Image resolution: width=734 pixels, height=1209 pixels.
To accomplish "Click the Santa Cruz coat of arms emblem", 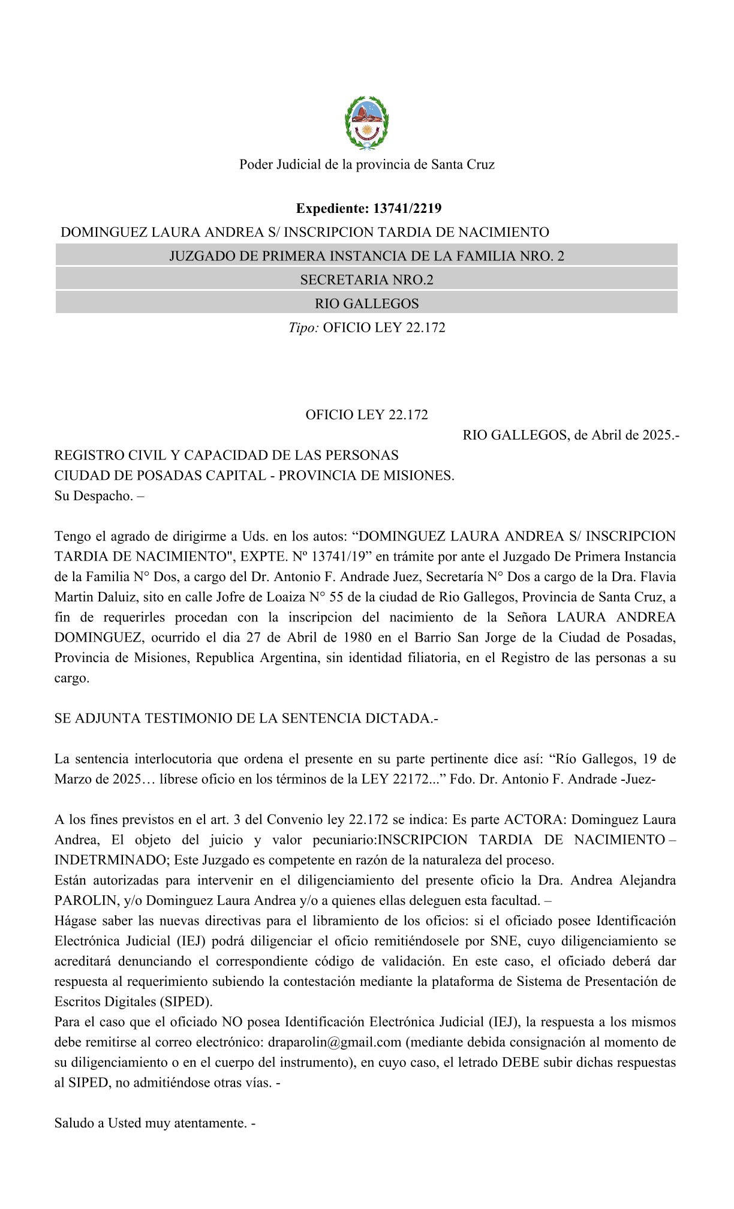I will [366, 123].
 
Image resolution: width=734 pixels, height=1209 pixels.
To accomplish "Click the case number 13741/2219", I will [407, 209].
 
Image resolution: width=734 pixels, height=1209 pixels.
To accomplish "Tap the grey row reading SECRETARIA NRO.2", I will [366, 279].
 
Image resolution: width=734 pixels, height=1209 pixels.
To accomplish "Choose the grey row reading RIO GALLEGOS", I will [366, 303].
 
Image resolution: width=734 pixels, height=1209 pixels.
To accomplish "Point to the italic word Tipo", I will [303, 327].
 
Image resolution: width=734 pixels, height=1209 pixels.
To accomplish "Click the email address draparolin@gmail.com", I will [335, 1042].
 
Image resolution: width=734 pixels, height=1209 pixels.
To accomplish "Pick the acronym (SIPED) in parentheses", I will [185, 1002].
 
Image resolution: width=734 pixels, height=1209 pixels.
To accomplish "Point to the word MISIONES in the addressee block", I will [420, 476].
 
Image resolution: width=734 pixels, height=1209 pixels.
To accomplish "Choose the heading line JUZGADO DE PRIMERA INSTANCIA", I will [366, 256].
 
